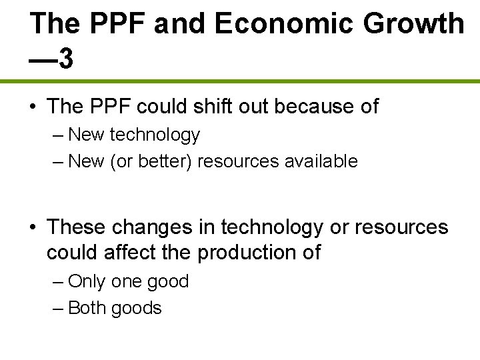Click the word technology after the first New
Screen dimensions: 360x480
pyautogui.click(x=155, y=135)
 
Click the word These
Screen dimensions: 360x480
pyautogui.click(x=76, y=227)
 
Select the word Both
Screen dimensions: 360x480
pyautogui.click(x=87, y=308)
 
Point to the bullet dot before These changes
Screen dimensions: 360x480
pyautogui.click(x=33, y=228)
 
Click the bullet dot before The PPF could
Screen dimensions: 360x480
pyautogui.click(x=33, y=107)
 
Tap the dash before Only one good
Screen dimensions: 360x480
pyautogui.click(x=57, y=282)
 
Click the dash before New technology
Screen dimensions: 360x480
pyautogui.click(x=57, y=135)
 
